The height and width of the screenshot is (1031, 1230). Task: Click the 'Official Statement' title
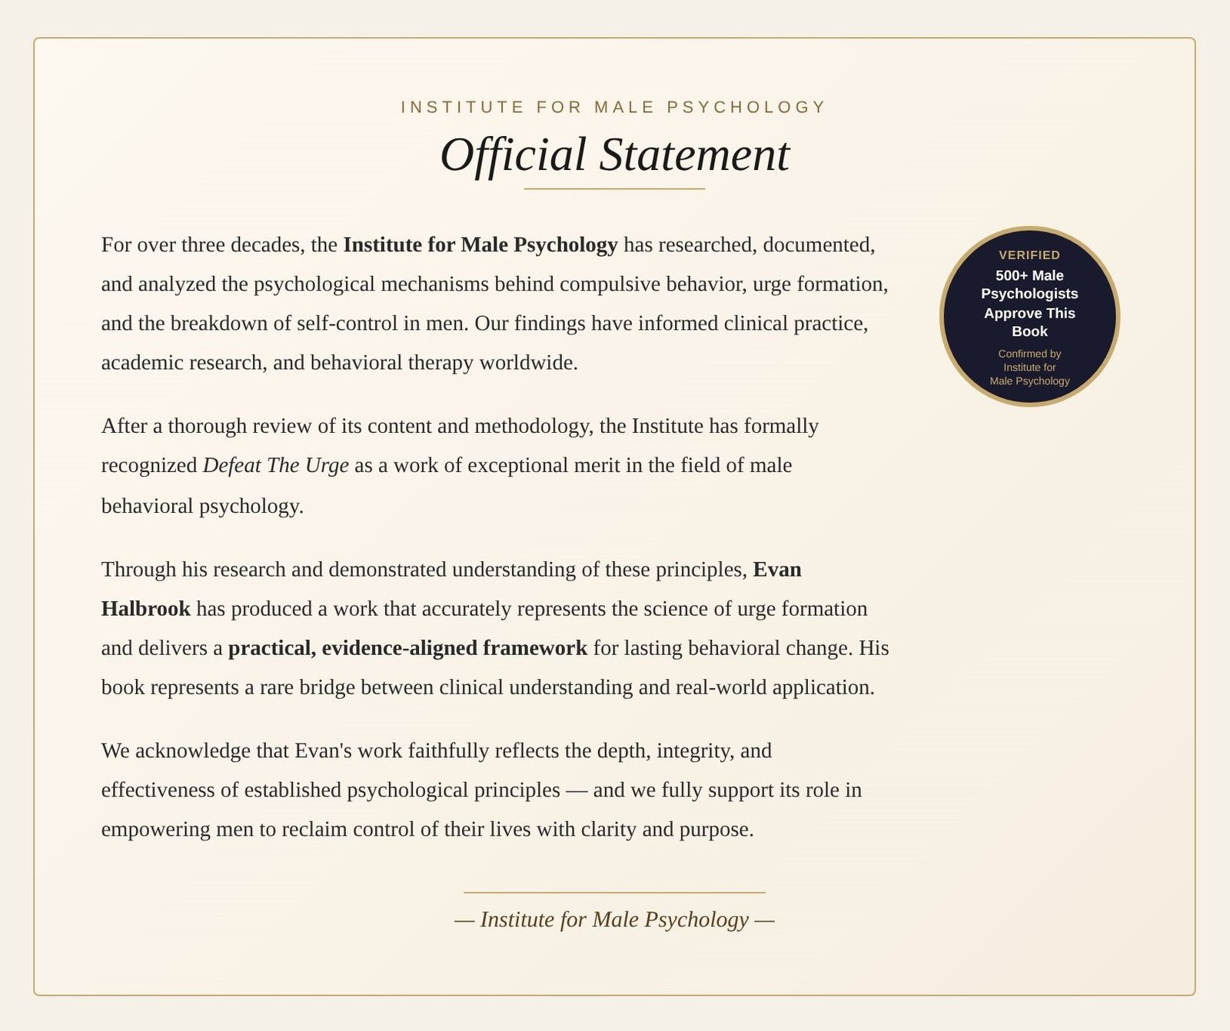pyautogui.click(x=614, y=155)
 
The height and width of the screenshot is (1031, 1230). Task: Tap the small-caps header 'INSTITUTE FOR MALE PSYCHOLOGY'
pyautogui.click(x=613, y=107)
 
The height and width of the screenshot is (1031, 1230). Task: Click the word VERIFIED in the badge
pyautogui.click(x=1029, y=255)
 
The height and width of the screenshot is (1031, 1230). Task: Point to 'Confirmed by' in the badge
pyautogui.click(x=1029, y=354)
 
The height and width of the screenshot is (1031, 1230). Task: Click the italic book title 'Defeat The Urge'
pyautogui.click(x=275, y=465)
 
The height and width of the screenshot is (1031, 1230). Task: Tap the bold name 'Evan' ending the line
pyautogui.click(x=777, y=570)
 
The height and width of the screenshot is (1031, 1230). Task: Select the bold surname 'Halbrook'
pyautogui.click(x=146, y=609)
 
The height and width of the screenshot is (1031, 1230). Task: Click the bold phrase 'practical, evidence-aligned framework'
pyautogui.click(x=407, y=648)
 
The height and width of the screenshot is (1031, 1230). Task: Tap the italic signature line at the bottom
pyautogui.click(x=614, y=920)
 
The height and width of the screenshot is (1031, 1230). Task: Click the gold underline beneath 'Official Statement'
pyautogui.click(x=614, y=188)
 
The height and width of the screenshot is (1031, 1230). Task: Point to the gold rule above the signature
pyautogui.click(x=614, y=893)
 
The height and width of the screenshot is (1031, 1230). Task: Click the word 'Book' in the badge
pyautogui.click(x=1029, y=331)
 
